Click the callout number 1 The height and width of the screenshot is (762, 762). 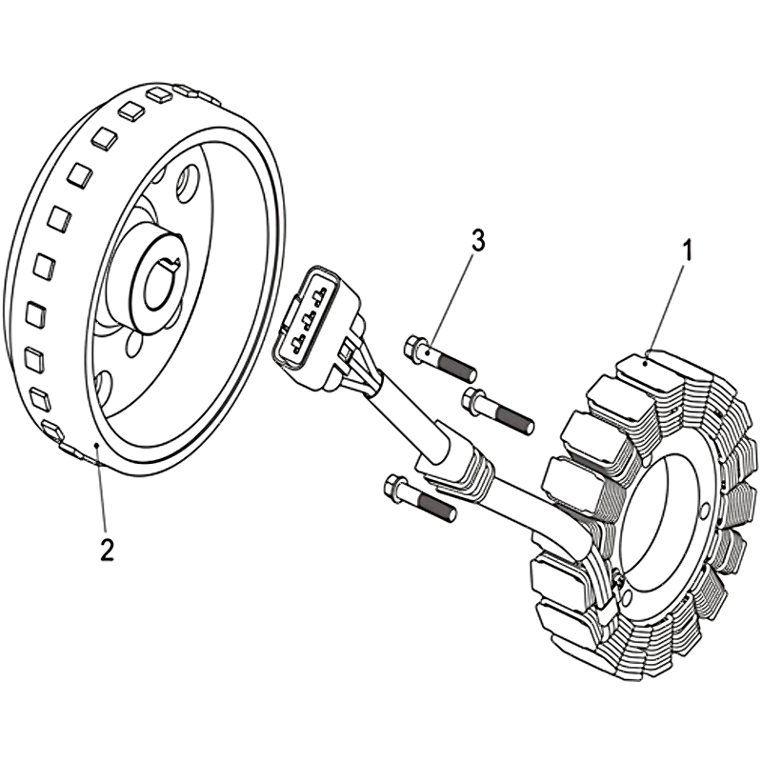(687, 251)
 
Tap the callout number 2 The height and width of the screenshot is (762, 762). (107, 549)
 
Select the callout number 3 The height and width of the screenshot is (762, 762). (477, 241)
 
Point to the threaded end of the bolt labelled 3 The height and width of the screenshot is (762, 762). (467, 368)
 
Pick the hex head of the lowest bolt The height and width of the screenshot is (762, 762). (393, 488)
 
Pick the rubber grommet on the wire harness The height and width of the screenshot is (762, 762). (455, 466)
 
